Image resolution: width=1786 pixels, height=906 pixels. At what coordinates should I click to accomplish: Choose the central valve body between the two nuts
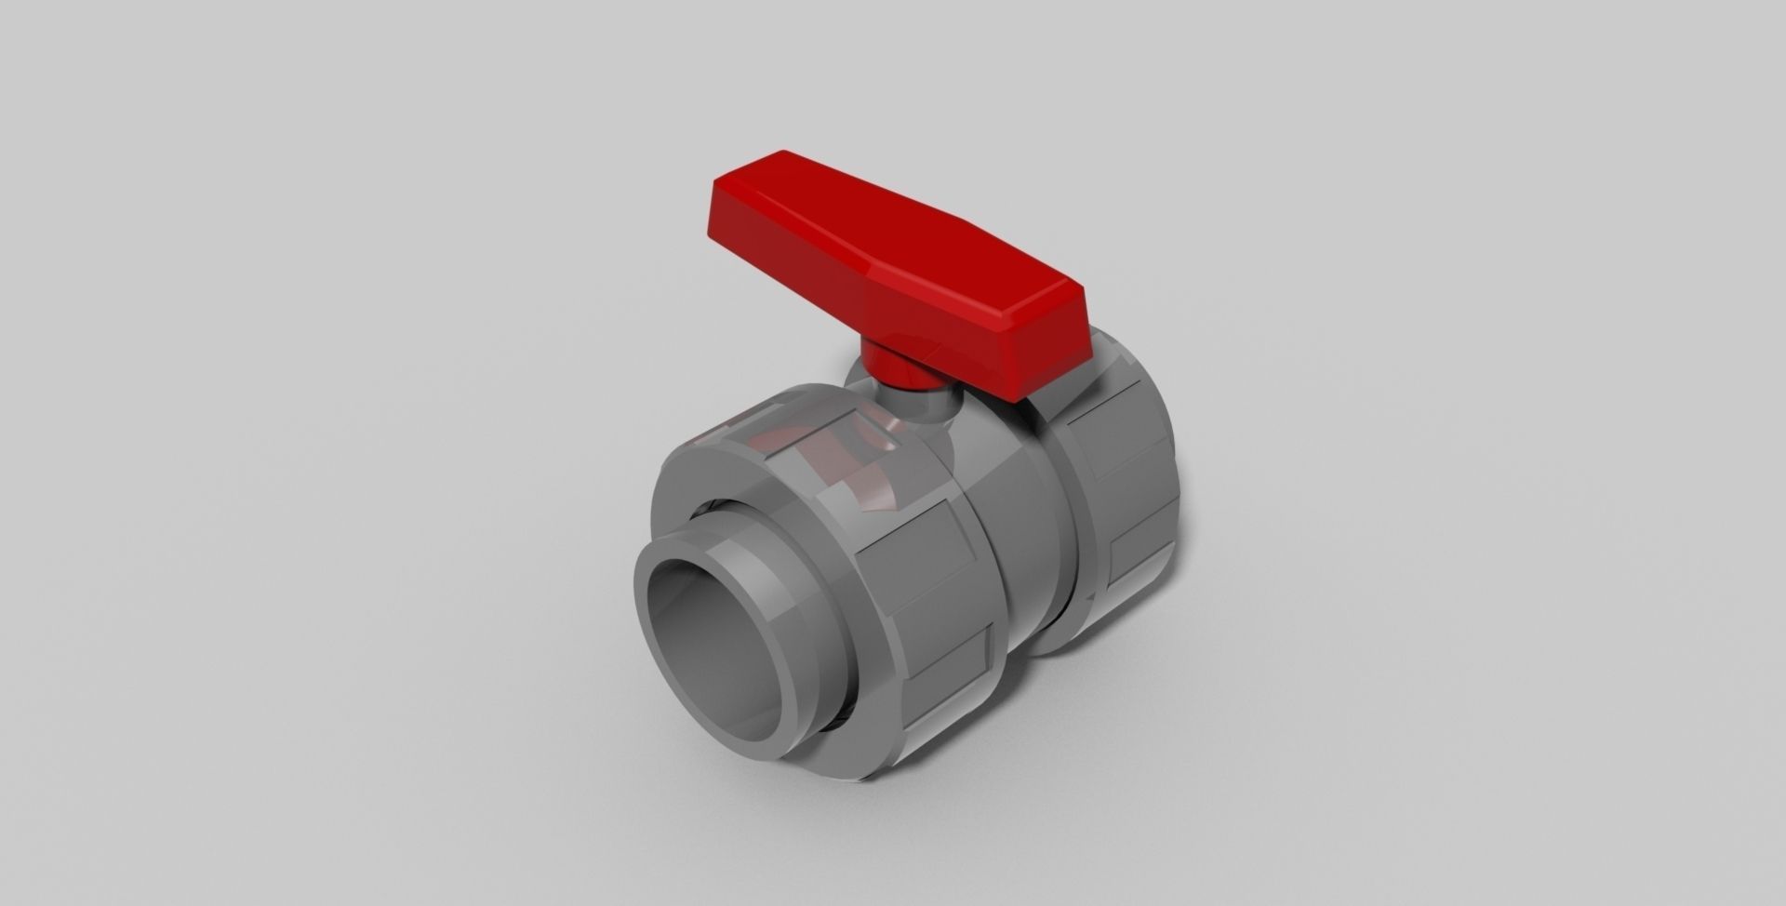(1014, 521)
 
